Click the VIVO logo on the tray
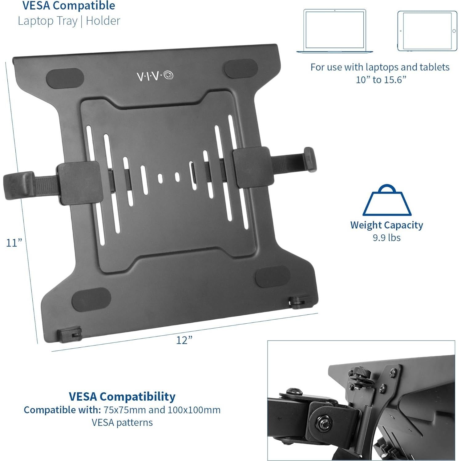[155, 76]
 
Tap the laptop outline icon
[335, 31]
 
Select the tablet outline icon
[427, 31]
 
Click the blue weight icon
[387, 201]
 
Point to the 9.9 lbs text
[386, 238]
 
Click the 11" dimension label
[14, 243]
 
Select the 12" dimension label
[184, 340]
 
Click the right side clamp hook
[309, 159]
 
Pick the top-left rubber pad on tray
[65, 78]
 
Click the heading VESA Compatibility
[122, 396]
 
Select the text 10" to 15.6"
[381, 80]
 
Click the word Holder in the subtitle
[103, 21]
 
